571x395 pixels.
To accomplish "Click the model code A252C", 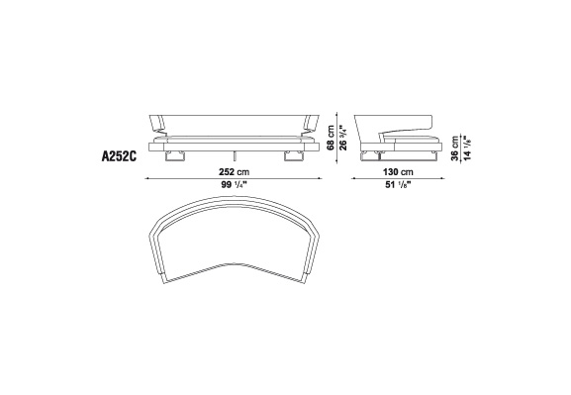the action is click(119, 156).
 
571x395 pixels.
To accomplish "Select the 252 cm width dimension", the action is click(234, 171).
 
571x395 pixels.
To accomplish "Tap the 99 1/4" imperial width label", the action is click(234, 185).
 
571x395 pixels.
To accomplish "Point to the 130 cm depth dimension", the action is click(398, 171).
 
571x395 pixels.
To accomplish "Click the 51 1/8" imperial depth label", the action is click(398, 185).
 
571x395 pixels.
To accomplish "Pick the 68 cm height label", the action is click(331, 138).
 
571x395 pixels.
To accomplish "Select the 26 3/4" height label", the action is click(343, 138).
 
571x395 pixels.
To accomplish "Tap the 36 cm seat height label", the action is click(455, 148).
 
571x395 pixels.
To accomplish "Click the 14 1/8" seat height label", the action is click(467, 148).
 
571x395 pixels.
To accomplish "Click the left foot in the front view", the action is click(175, 156).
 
